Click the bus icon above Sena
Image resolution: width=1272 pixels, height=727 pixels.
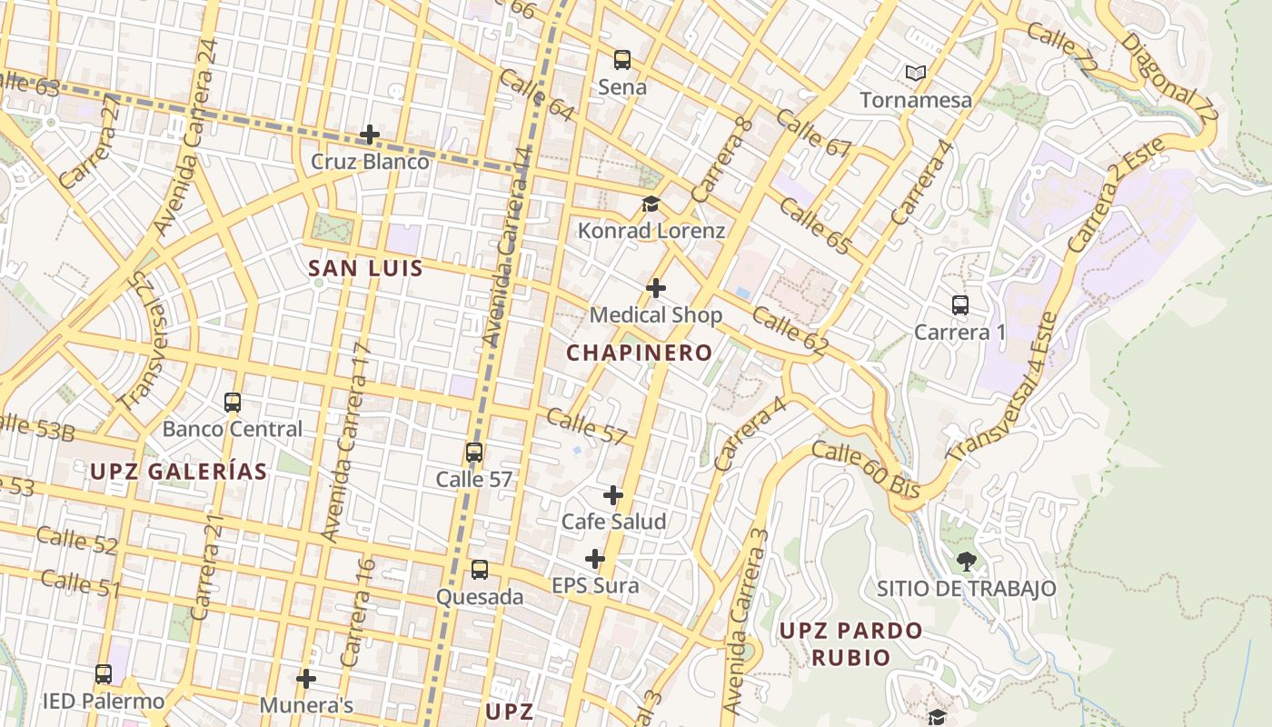click(622, 60)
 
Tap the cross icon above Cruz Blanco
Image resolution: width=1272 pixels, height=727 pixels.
click(370, 135)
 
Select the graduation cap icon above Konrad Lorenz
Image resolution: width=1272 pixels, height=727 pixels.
click(651, 204)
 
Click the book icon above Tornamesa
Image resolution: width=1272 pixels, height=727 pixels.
click(916, 73)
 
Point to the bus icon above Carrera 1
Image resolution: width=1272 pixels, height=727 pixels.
click(960, 305)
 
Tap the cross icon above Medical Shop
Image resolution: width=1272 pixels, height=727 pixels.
click(655, 288)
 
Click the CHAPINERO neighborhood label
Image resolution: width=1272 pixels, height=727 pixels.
click(640, 353)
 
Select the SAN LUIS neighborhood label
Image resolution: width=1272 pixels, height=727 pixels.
click(365, 268)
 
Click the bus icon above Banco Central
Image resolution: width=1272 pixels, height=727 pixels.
click(233, 402)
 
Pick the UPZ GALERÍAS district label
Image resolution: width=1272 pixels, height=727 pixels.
click(178, 471)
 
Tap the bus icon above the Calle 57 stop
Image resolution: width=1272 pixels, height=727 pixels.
click(473, 453)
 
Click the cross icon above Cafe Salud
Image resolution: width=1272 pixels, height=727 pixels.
click(613, 495)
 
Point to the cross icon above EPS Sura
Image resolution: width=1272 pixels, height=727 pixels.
click(595, 558)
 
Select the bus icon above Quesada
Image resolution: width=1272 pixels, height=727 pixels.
click(480, 570)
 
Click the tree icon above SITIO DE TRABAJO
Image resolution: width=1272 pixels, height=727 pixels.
click(966, 562)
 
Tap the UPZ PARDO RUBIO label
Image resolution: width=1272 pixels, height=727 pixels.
click(850, 643)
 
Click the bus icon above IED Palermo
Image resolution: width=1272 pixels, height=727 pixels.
click(104, 674)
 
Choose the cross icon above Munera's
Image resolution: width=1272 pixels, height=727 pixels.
click(306, 678)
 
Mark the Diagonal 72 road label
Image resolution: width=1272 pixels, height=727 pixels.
click(1168, 80)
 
